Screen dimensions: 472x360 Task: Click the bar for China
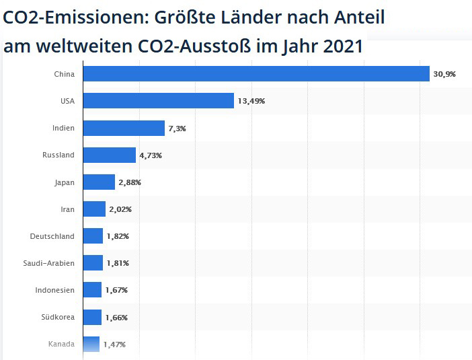tap(256, 74)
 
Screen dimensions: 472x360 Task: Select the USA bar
tap(159, 101)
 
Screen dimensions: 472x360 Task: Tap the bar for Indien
tap(124, 128)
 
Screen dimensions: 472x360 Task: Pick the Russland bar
tap(110, 155)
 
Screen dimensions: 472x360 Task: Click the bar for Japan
tap(99, 182)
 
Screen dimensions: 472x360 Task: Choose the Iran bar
tap(95, 209)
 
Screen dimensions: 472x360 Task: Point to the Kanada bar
tap(91, 344)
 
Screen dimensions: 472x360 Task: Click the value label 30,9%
tap(444, 74)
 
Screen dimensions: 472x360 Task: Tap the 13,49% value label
tap(251, 101)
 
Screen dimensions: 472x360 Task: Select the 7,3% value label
tap(178, 129)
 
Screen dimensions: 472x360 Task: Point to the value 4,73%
tap(151, 155)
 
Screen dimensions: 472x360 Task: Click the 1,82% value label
tap(118, 236)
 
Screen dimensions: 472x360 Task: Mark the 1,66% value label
tap(116, 318)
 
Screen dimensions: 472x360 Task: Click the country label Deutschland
tap(52, 236)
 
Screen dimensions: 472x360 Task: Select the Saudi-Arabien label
tap(49, 263)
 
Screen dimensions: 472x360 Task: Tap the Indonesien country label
tap(54, 290)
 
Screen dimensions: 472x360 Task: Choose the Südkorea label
tap(58, 317)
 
